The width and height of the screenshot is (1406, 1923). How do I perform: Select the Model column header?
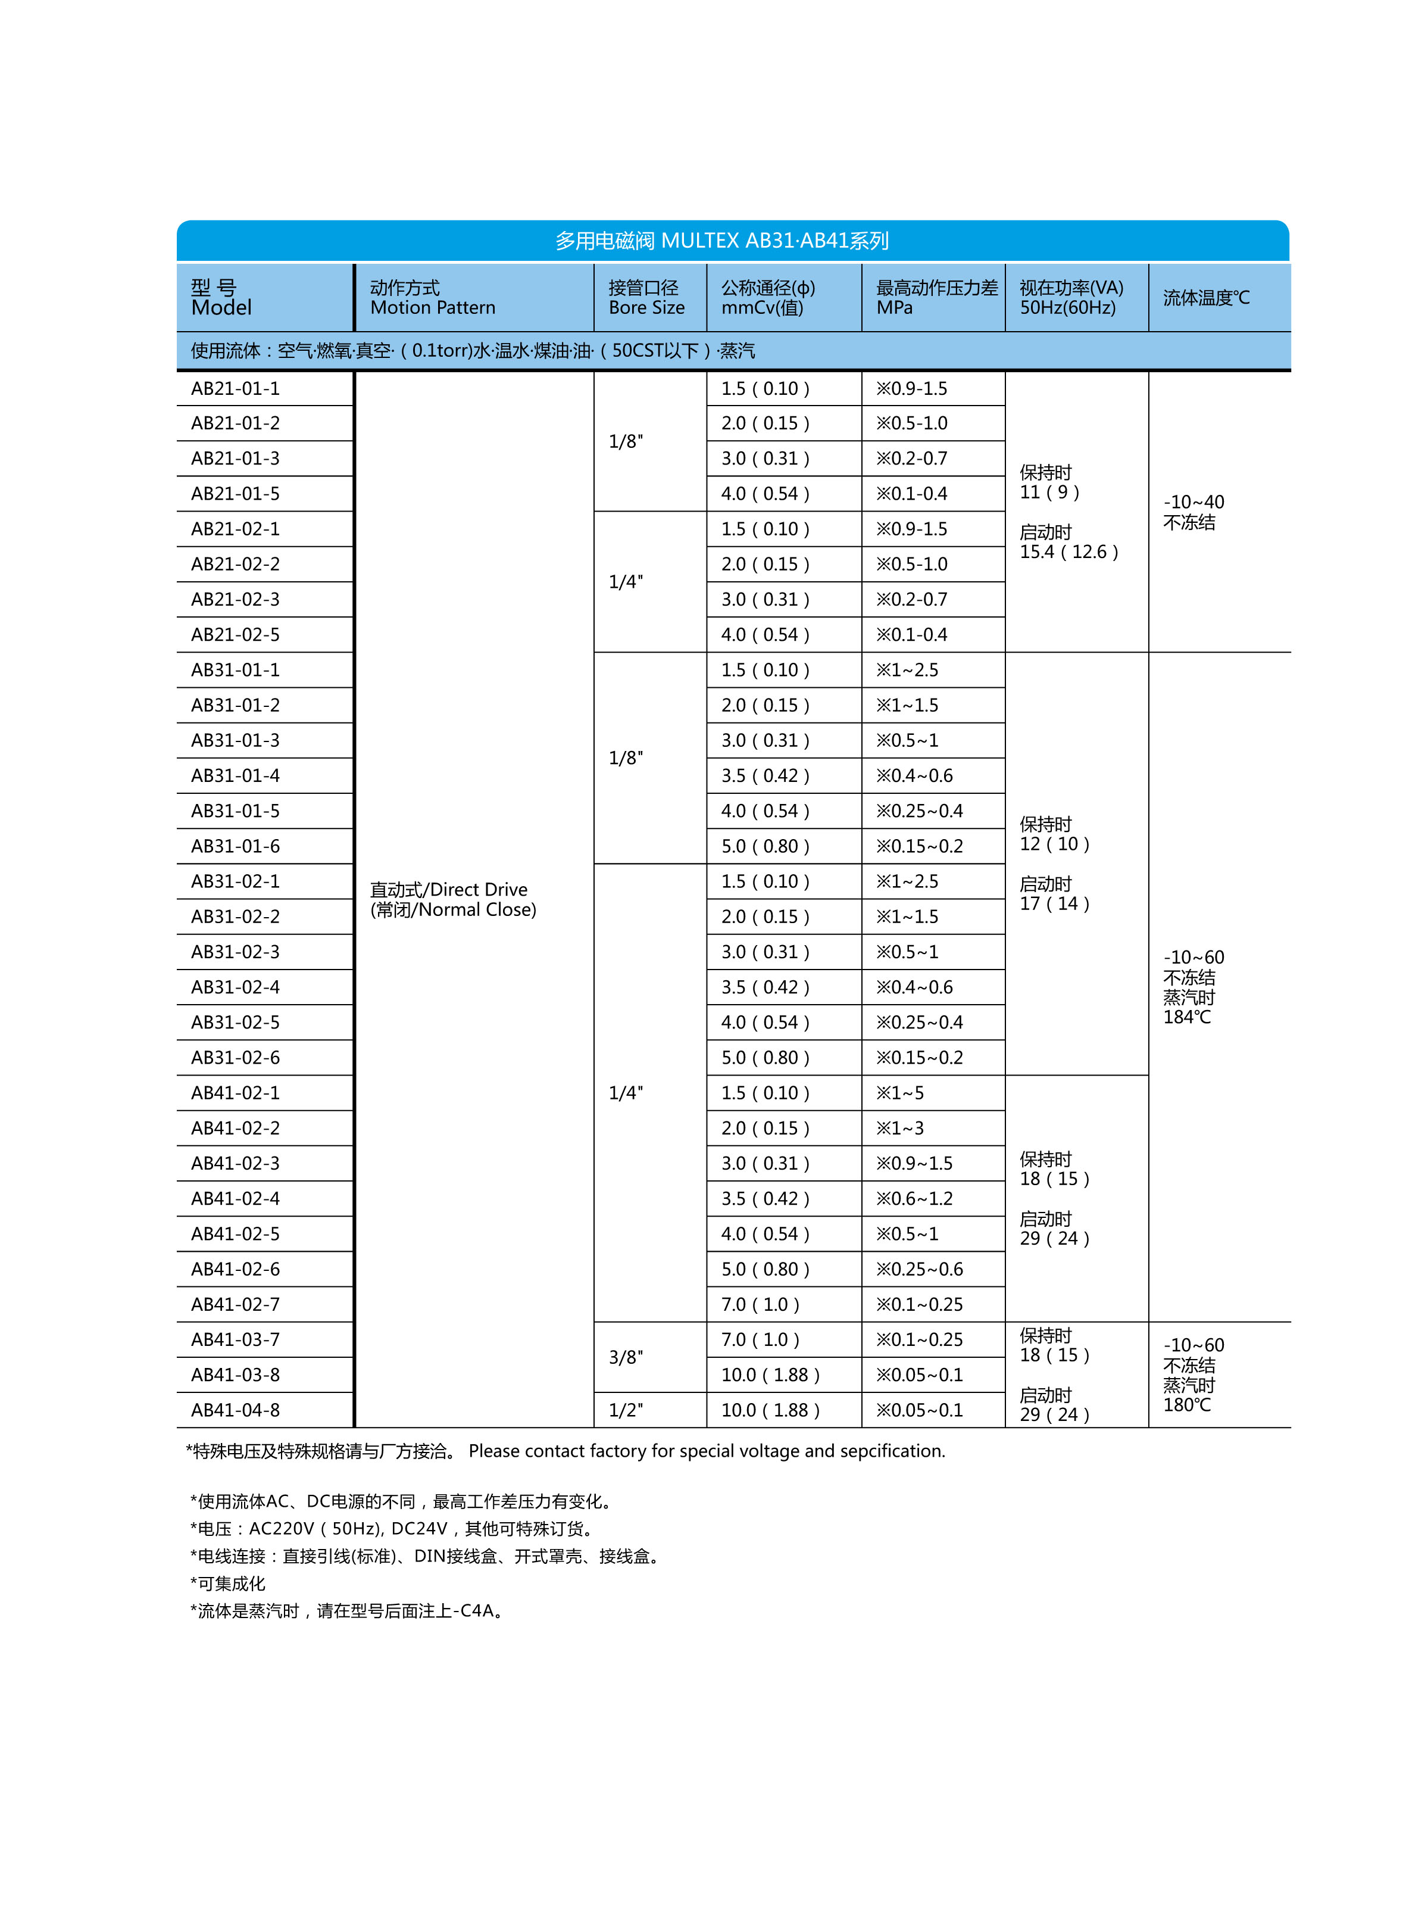click(x=221, y=298)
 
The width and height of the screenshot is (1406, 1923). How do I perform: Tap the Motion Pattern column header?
click(x=432, y=298)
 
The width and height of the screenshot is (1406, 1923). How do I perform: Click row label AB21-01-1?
click(x=235, y=389)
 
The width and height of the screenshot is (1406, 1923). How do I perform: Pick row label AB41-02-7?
click(x=235, y=1305)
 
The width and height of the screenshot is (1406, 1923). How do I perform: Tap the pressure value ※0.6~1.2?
click(x=914, y=1199)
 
